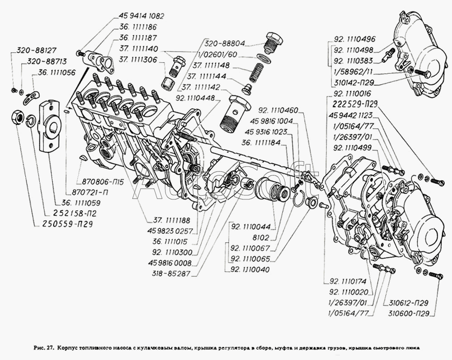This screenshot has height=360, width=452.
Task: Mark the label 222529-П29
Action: [x=354, y=104]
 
